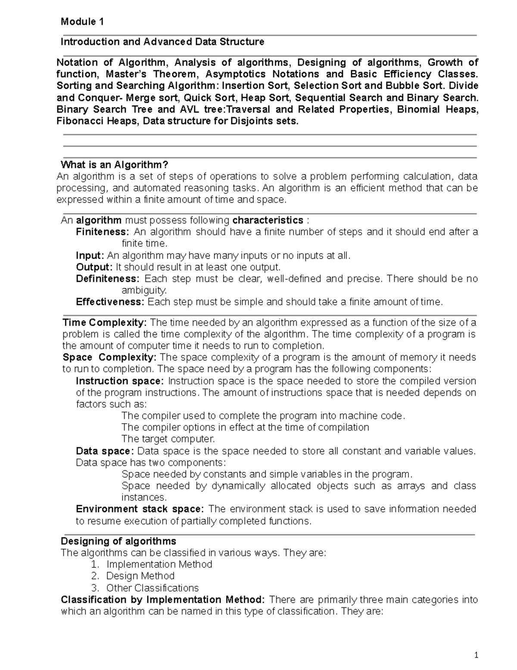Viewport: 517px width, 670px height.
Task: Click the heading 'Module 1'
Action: click(x=82, y=22)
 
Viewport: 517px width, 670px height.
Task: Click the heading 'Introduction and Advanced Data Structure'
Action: click(x=162, y=42)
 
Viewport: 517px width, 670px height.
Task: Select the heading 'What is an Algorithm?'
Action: click(x=114, y=165)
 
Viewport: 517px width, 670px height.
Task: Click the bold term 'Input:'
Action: click(x=90, y=255)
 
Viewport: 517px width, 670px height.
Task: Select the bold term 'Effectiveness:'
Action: click(x=110, y=302)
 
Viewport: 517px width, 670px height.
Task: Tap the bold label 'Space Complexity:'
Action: click(x=110, y=358)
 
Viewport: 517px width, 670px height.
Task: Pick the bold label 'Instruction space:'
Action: click(x=120, y=381)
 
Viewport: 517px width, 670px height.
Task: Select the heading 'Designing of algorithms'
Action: click(x=118, y=541)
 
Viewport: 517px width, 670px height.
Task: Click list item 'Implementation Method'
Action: click(x=159, y=565)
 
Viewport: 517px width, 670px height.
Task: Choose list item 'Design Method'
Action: click(x=140, y=576)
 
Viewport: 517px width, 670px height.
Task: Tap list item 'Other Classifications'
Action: click(x=152, y=588)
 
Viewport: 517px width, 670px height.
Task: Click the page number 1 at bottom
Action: click(x=476, y=656)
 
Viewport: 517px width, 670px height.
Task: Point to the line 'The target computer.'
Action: click(x=168, y=439)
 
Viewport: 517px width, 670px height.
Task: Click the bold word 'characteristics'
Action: click(x=268, y=220)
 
